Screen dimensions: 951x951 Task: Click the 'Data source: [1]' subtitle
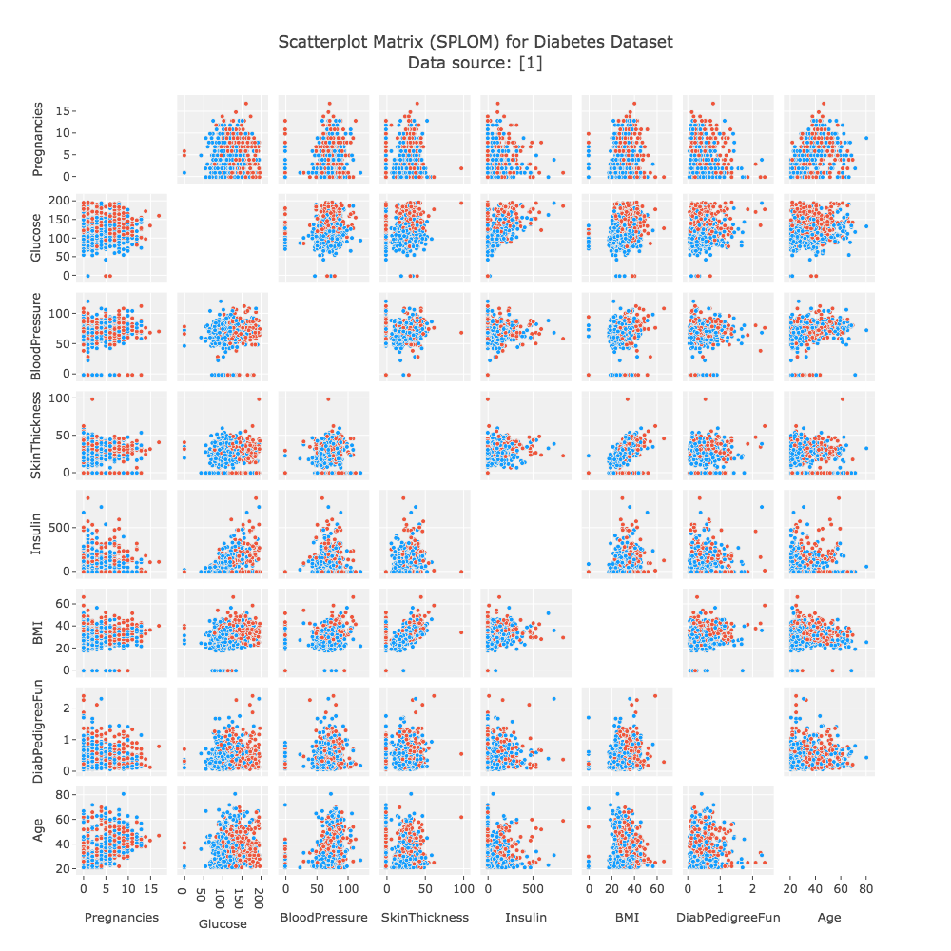coord(475,63)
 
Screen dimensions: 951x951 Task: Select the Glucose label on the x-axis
coord(222,923)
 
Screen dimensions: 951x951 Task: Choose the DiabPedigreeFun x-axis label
coord(728,918)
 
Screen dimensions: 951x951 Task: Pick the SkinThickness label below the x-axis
coord(424,918)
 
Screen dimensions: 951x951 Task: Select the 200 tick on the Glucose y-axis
coord(63,201)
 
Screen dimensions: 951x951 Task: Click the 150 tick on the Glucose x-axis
coord(240,893)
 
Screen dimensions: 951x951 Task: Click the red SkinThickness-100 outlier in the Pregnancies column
coord(92,398)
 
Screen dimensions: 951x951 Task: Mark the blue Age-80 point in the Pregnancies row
coord(866,138)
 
